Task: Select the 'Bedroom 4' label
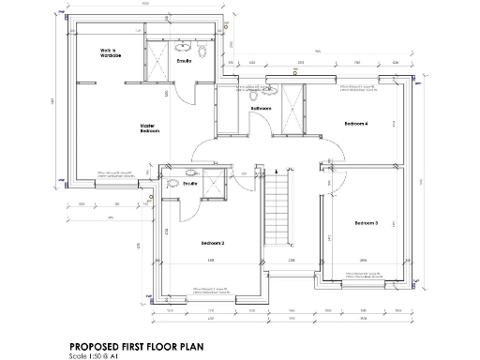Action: coord(356,124)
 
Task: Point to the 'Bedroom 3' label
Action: coord(366,223)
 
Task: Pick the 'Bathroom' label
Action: coord(260,110)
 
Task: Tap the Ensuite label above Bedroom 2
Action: coord(190,184)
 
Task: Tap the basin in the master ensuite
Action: coord(181,45)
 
